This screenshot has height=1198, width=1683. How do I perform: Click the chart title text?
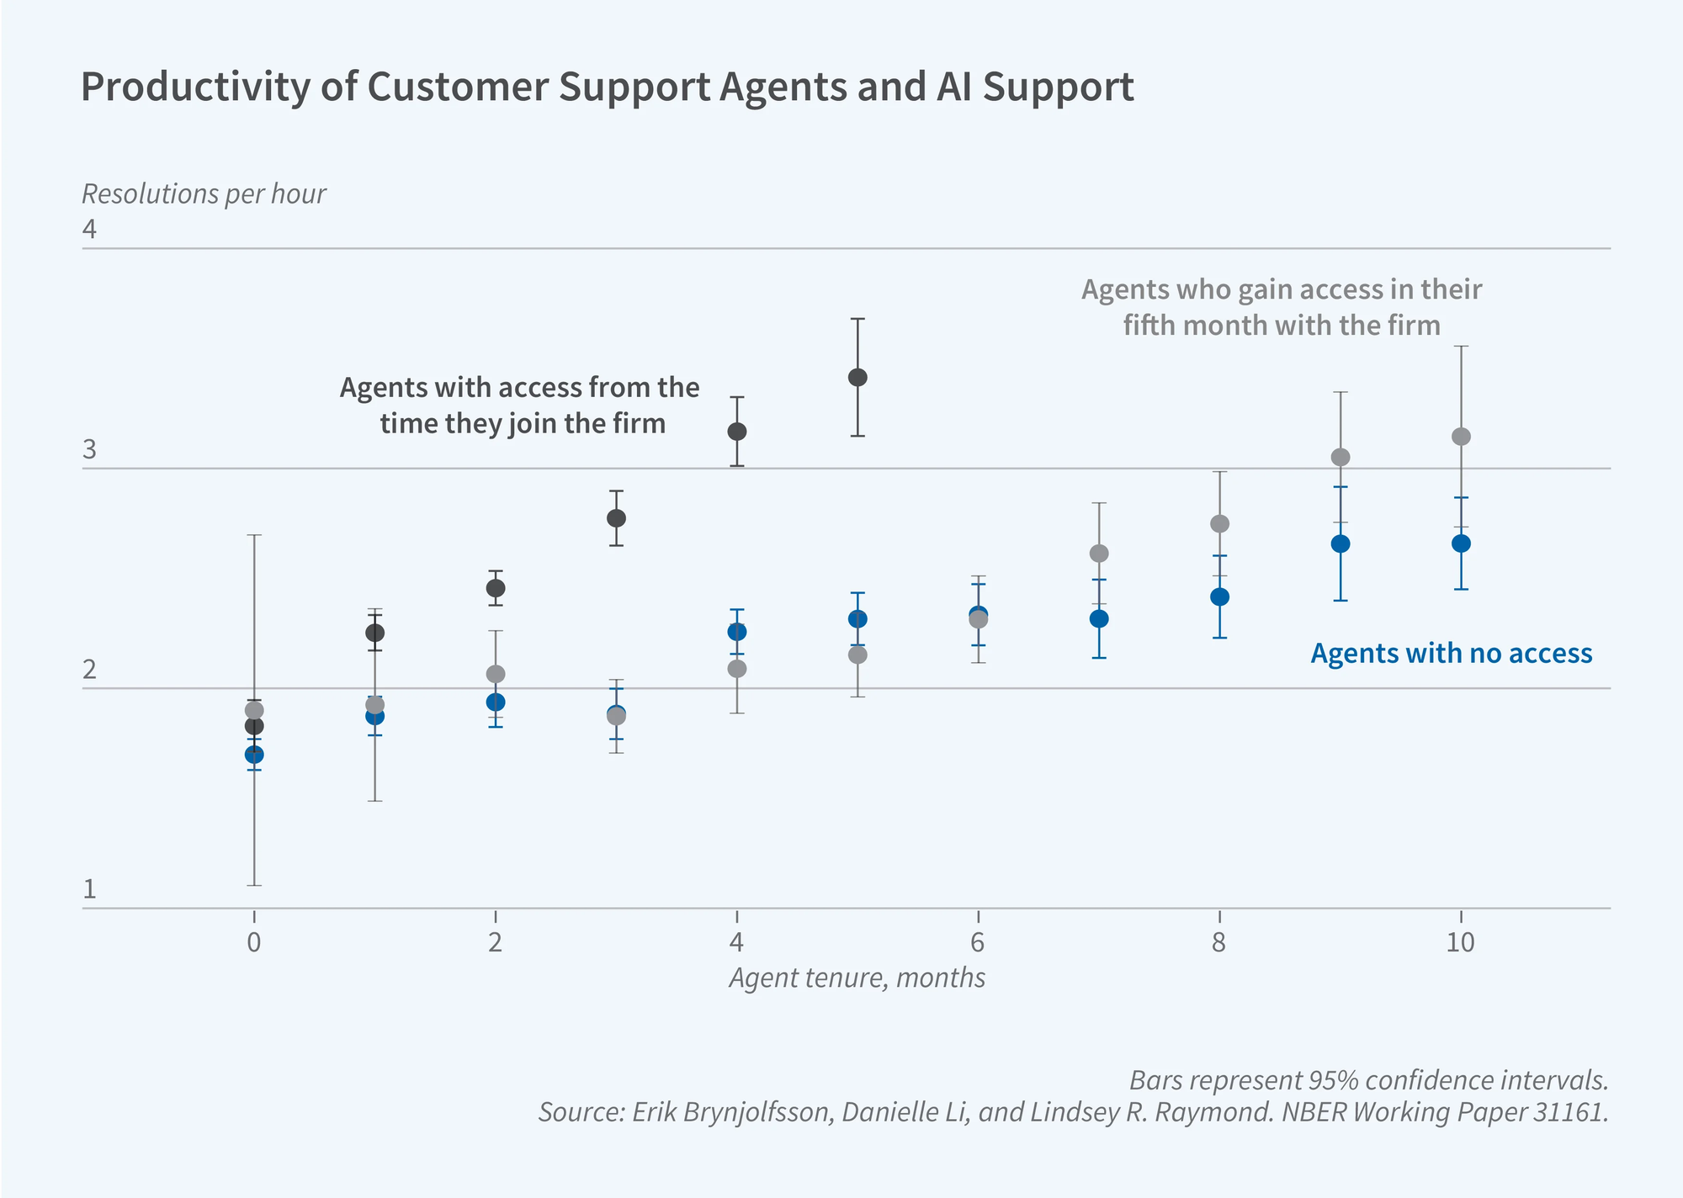[607, 87]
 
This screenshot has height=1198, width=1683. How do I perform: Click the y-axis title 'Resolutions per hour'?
[204, 194]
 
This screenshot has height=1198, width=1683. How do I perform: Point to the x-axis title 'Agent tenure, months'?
[857, 978]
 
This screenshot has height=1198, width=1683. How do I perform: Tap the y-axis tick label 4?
[89, 230]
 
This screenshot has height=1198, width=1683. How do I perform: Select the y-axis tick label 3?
[89, 451]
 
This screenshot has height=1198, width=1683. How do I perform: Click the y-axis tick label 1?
[89, 890]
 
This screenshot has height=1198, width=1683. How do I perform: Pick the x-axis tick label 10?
[1460, 943]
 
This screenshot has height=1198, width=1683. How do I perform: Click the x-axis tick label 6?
[977, 943]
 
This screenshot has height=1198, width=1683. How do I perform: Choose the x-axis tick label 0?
[253, 943]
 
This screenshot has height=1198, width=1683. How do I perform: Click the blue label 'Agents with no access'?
[1451, 654]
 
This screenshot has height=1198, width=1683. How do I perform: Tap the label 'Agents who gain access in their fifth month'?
[1281, 307]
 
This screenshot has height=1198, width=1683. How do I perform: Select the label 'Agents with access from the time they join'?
[520, 405]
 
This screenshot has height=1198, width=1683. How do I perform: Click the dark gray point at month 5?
[857, 377]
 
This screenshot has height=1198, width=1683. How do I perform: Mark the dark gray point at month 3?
[616, 518]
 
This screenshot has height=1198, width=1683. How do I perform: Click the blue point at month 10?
[1461, 543]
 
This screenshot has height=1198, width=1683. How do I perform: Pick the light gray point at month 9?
[1341, 457]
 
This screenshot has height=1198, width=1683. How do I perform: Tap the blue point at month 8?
[1219, 597]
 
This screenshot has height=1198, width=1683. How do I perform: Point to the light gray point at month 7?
[1099, 554]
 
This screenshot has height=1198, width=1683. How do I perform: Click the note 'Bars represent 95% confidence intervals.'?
[1368, 1080]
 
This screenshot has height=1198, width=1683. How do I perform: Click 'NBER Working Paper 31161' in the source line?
[1444, 1112]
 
